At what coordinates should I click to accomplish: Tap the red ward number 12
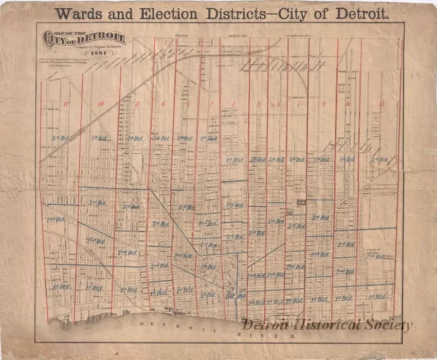coord(65,104)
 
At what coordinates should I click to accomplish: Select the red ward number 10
coord(100,104)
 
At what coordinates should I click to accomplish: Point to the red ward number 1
coord(233,104)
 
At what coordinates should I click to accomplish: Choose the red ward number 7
coord(298,104)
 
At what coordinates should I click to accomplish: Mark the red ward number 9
coord(324,104)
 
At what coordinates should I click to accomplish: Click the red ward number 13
coord(381,104)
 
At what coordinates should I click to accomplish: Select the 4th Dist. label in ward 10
coord(99,138)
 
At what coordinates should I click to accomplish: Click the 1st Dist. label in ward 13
coord(378,297)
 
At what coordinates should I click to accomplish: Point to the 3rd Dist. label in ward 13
coord(379,159)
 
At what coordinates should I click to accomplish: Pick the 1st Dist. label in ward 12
coord(61,286)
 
